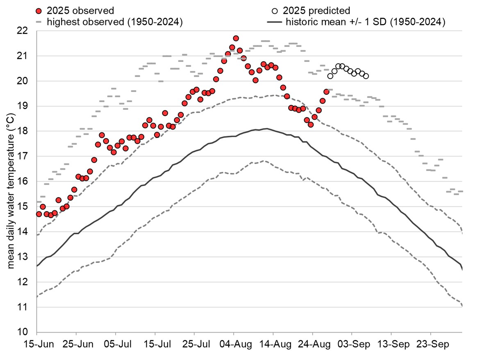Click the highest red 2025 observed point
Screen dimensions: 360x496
coord(236,39)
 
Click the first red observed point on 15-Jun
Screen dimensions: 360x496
coord(39,214)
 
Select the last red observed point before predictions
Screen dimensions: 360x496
coord(326,92)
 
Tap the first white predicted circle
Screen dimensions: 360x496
coord(330,76)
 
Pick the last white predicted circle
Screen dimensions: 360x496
coord(366,76)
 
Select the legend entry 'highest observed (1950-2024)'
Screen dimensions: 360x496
coord(114,23)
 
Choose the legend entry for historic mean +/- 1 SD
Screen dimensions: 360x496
coord(366,23)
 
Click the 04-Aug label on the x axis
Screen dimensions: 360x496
coord(234,343)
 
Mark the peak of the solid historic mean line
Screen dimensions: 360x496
coord(266,129)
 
